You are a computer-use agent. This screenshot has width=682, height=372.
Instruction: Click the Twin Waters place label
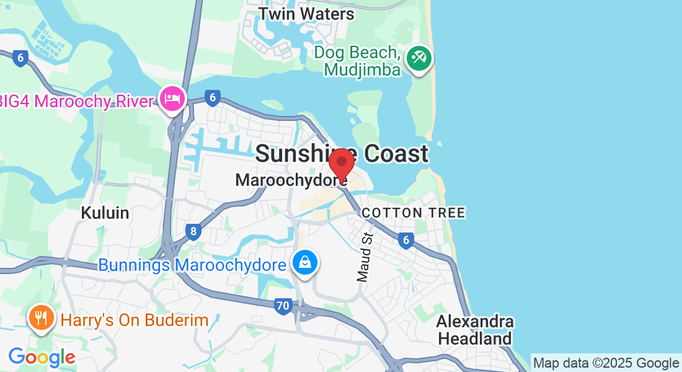point(306,13)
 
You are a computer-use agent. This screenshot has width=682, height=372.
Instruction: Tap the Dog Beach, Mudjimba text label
point(356,61)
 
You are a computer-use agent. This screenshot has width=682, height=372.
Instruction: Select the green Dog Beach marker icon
point(419,60)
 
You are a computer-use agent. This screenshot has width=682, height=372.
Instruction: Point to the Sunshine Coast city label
point(342,154)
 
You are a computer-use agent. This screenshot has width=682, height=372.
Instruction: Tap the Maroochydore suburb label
point(290,180)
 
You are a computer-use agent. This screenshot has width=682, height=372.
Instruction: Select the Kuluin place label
point(105,213)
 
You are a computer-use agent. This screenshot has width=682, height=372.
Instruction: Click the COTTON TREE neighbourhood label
point(413,213)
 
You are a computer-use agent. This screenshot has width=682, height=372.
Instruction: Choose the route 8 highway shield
point(193,232)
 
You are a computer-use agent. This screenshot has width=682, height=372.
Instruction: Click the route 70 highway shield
point(283,306)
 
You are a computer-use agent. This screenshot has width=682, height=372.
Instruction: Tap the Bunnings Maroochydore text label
point(192,265)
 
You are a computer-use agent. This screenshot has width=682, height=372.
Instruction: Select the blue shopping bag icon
point(305,262)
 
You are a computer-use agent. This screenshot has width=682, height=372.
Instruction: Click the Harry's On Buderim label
point(134,320)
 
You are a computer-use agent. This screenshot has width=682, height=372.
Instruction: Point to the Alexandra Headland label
point(475,330)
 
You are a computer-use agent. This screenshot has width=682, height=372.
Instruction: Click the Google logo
point(42,357)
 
